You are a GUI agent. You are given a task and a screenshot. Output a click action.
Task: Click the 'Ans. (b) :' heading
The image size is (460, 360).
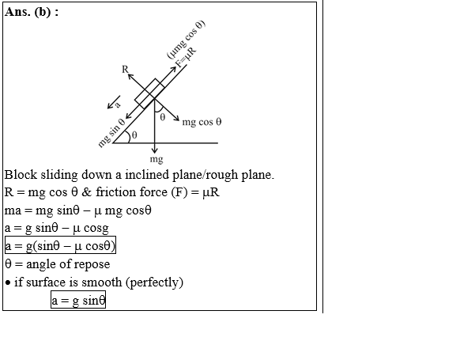pos(32,12)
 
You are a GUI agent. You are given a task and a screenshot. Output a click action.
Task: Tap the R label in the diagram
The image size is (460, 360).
pos(125,70)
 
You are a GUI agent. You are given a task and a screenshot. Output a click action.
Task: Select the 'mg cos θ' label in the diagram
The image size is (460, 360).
pos(202,122)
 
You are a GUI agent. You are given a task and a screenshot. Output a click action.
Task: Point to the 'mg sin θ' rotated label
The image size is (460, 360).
pos(111,133)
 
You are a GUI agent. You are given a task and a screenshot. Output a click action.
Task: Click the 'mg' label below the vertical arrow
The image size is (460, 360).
pos(156,160)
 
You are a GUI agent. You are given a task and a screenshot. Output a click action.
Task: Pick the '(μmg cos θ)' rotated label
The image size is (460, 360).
pos(186,40)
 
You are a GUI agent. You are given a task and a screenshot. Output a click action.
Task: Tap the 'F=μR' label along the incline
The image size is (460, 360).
pos(186,57)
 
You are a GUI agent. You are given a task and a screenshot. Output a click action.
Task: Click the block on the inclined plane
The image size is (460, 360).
pos(149,93)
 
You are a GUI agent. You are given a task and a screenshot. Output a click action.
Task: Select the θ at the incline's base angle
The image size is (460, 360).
pos(134,135)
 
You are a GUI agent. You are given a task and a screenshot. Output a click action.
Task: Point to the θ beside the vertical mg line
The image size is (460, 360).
pos(163,117)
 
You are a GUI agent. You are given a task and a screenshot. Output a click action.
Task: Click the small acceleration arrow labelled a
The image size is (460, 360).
pos(114,102)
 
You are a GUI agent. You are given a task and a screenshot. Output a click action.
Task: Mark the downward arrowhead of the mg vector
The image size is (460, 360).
pos(154,150)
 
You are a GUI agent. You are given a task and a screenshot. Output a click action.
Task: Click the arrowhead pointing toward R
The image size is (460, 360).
pos(130,76)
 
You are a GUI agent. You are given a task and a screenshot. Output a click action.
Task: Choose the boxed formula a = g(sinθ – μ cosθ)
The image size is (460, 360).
pos(60,245)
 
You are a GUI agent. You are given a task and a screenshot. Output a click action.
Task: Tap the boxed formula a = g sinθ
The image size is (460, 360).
pos(78,300)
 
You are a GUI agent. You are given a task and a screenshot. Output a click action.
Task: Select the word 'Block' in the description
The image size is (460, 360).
pos(21,175)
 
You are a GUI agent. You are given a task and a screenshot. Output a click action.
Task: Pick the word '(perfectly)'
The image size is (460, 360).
pos(155,282)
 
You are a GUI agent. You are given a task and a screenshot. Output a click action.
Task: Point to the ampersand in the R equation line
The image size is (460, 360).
pos(86,192)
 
